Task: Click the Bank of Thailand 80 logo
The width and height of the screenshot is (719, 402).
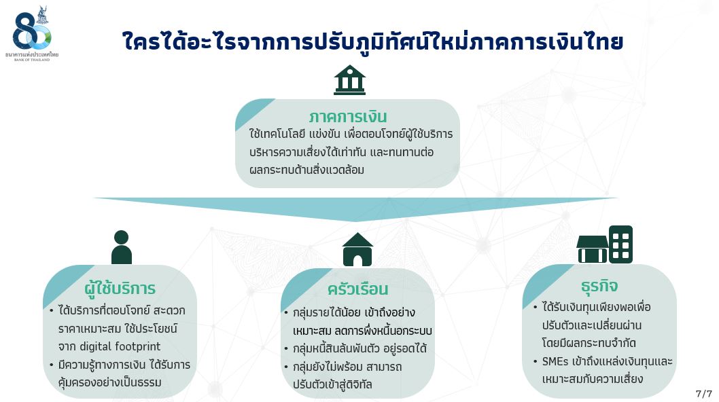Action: [x=32, y=33]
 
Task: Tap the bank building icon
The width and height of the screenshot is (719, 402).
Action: [x=349, y=79]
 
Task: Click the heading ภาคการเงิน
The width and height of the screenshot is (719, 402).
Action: [x=347, y=117]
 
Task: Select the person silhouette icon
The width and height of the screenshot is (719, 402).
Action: [x=122, y=247]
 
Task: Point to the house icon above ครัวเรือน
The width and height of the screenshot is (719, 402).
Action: [x=357, y=249]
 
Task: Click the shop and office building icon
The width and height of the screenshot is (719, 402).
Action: [x=604, y=244]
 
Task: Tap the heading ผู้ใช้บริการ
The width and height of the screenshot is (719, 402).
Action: [x=120, y=288]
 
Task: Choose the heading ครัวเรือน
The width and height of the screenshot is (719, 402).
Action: [x=357, y=289]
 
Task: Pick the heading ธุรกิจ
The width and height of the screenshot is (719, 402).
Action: [x=599, y=286]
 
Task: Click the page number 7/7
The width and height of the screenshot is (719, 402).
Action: [x=703, y=394]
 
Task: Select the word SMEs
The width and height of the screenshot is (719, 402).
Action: [x=555, y=362]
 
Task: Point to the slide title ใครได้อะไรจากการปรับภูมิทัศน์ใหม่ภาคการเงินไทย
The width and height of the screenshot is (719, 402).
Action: [x=373, y=41]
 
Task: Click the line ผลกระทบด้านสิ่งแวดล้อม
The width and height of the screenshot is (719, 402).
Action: [x=306, y=170]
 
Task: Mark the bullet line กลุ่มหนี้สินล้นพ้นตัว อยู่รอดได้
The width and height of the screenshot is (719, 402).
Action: [x=360, y=349]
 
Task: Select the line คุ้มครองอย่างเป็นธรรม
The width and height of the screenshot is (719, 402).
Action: [x=109, y=382]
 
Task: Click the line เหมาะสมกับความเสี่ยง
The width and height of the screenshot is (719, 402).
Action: [x=593, y=379]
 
